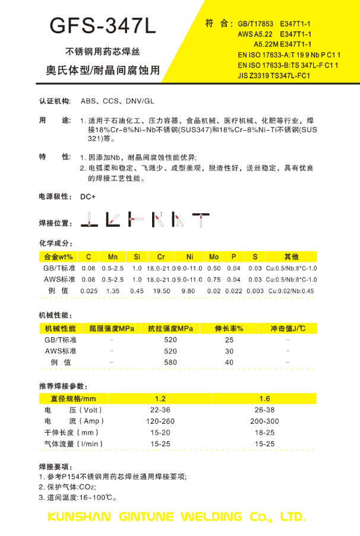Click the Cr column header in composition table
(x=161, y=256)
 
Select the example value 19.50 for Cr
(x=162, y=291)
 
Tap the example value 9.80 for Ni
(x=188, y=291)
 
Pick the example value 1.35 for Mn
(x=112, y=291)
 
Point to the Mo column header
(x=214, y=256)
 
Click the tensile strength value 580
(x=170, y=362)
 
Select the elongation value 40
(x=229, y=362)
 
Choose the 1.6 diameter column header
(x=264, y=398)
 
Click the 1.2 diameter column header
(x=160, y=398)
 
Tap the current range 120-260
(x=160, y=421)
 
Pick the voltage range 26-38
(x=264, y=410)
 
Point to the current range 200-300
(x=264, y=421)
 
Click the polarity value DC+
(x=88, y=196)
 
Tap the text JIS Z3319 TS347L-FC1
(x=274, y=76)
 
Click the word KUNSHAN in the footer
(x=77, y=516)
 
